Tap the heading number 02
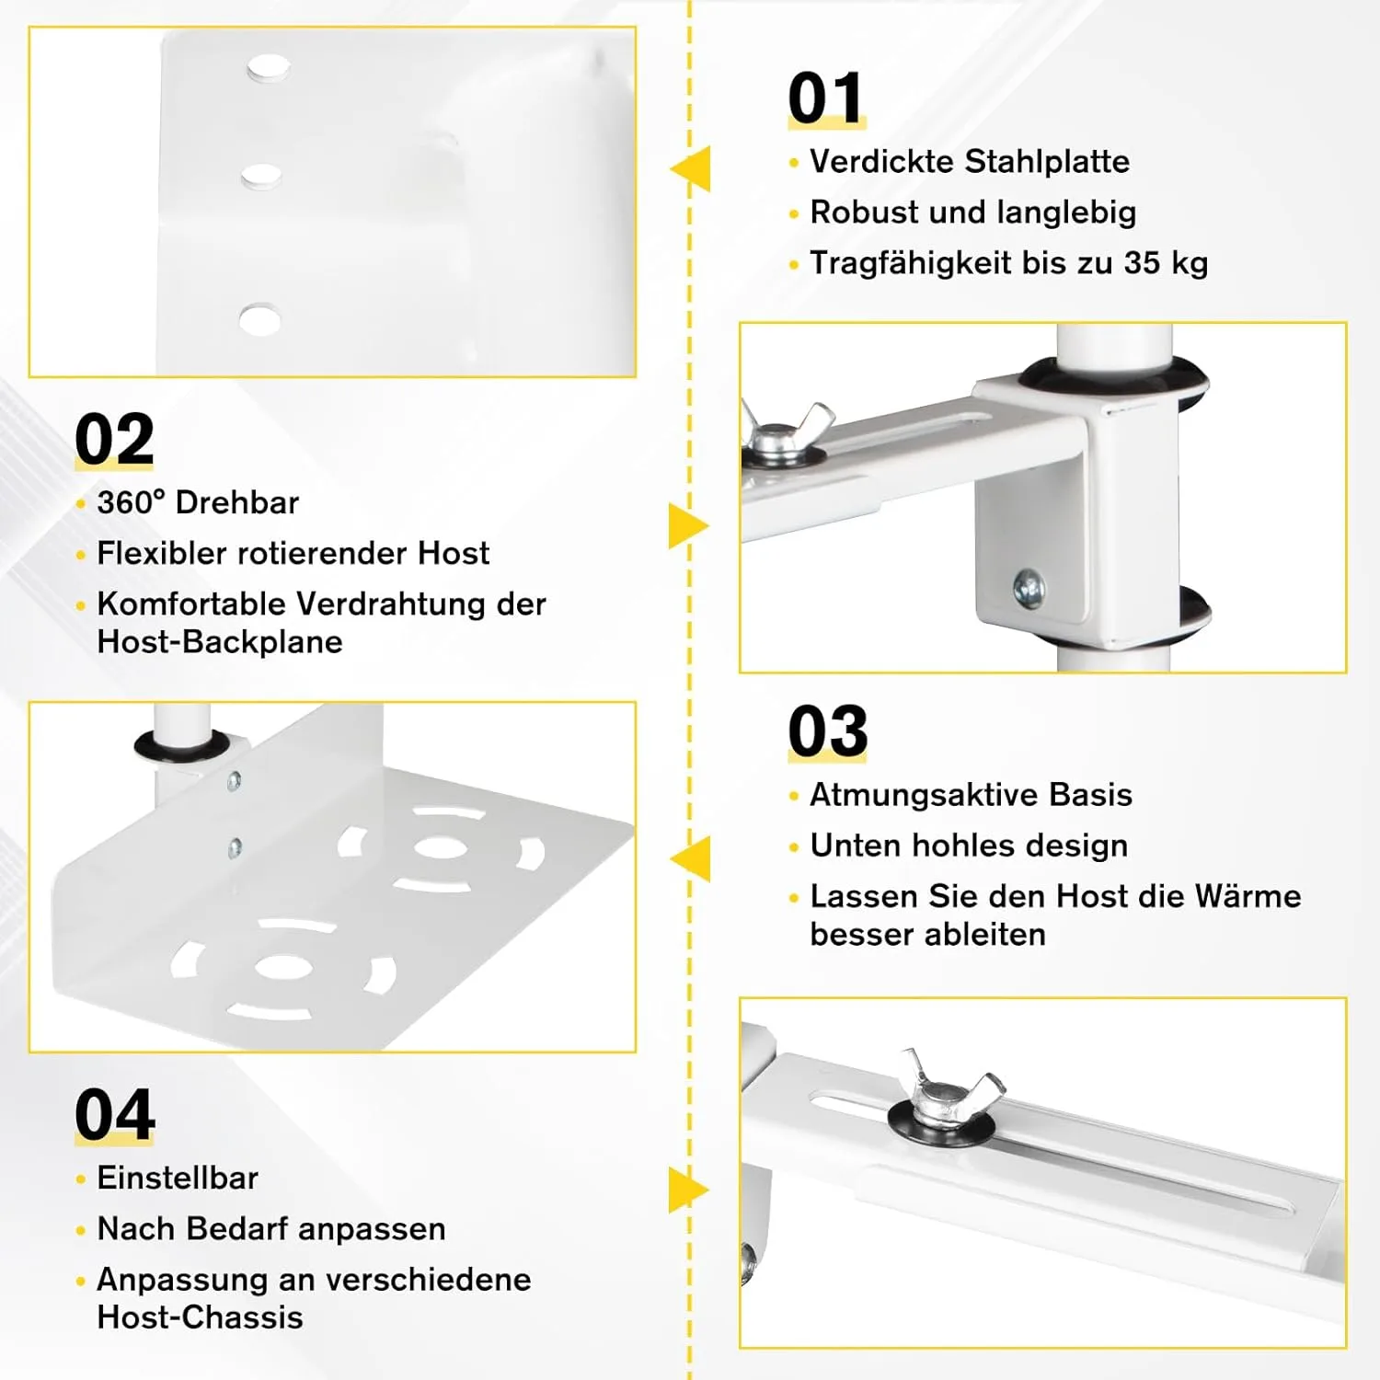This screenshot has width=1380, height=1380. click(114, 440)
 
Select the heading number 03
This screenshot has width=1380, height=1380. click(827, 731)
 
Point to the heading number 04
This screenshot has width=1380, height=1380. click(115, 1115)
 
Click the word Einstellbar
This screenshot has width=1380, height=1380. click(178, 1179)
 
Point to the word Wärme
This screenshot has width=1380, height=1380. click(1248, 896)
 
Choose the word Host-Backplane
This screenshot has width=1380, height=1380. click(220, 642)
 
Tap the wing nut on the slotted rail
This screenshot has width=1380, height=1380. click(948, 1086)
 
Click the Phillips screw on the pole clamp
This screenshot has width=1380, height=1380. click(1028, 586)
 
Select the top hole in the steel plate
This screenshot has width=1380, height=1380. click(268, 68)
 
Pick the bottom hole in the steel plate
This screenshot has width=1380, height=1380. click(259, 320)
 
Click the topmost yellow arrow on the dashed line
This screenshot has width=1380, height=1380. click(692, 169)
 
